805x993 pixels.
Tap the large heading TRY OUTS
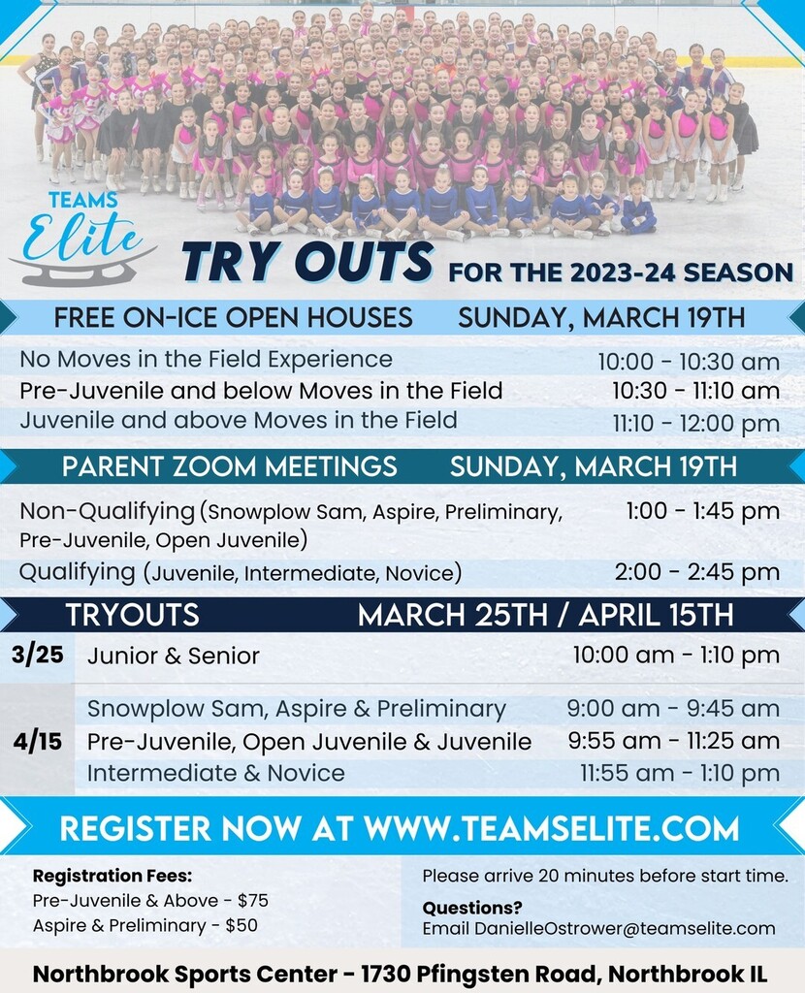[x=307, y=264]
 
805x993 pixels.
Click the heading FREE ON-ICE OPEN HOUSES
[x=233, y=317]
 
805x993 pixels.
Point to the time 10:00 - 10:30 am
[x=688, y=362]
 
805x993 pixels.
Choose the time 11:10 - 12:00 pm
[x=695, y=423]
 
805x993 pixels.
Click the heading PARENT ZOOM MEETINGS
[x=230, y=465]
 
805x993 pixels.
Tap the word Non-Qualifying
[x=108, y=511]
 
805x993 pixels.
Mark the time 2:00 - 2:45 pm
[x=696, y=572]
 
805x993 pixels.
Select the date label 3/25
[x=38, y=655]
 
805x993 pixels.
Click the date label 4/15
[x=38, y=742]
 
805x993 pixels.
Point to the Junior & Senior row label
[x=173, y=657]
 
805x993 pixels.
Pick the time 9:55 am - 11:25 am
[x=673, y=742]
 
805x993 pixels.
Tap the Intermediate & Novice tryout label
[x=215, y=774]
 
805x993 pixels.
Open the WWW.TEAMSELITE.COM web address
[x=551, y=829]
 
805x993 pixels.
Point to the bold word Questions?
[x=471, y=908]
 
